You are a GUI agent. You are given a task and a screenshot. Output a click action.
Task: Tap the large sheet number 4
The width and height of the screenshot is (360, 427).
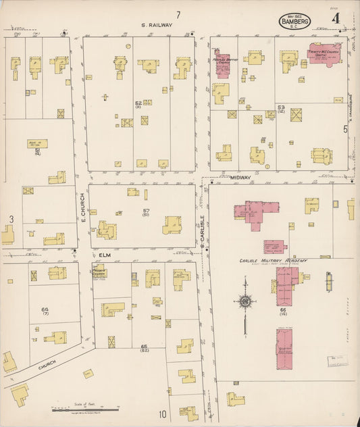click(x=335, y=18)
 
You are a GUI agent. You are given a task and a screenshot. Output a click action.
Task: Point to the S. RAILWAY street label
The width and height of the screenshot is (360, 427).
click(x=157, y=25)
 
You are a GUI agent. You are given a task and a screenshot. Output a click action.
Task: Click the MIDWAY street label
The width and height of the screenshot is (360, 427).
click(x=240, y=178)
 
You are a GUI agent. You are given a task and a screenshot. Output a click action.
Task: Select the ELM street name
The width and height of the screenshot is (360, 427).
click(x=103, y=255)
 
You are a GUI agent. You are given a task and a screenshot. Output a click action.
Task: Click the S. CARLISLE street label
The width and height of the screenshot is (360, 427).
click(x=202, y=228)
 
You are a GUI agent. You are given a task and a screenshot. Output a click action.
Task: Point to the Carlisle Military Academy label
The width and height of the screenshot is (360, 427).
click(x=274, y=260)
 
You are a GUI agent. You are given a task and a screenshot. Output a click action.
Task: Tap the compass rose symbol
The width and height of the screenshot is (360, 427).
click(x=247, y=300)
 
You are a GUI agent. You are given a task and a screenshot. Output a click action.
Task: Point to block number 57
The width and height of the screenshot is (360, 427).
click(x=146, y=211)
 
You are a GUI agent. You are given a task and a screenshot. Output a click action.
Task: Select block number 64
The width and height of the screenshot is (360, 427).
click(x=45, y=310)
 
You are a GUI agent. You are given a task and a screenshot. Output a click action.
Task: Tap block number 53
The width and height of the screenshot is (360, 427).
click(x=281, y=107)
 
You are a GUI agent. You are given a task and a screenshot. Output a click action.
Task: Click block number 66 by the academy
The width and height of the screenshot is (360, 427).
click(x=282, y=309)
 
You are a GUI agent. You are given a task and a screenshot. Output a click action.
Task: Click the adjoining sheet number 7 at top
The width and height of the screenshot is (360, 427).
click(x=178, y=14)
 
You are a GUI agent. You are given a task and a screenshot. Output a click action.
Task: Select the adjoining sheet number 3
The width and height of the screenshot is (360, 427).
click(x=11, y=219)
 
